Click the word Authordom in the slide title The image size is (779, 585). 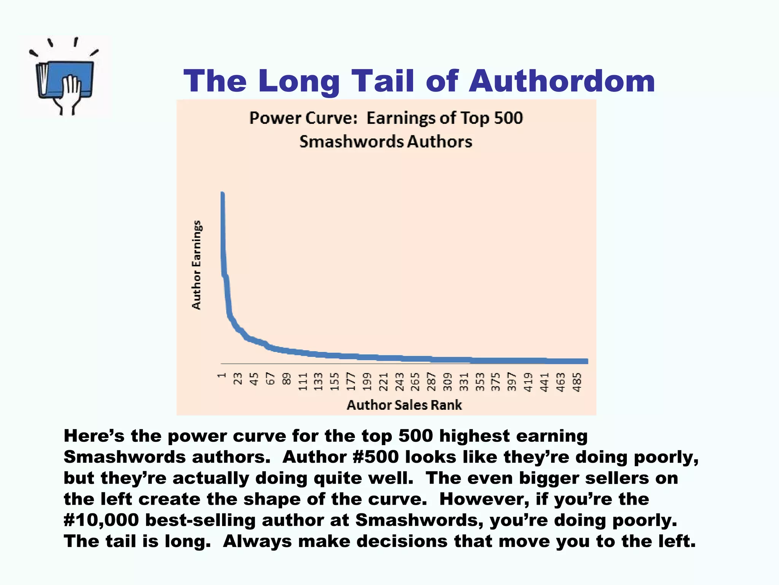562,81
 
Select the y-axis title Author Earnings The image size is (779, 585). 196,265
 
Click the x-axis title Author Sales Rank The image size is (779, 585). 404,405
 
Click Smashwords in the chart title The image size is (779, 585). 351,142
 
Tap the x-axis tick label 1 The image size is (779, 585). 222,376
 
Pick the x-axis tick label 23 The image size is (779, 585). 238,379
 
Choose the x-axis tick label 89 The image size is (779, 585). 286,379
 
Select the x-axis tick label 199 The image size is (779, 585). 367,382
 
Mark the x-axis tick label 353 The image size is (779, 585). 480,382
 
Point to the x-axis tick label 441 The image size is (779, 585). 545,382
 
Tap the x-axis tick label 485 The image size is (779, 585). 577,382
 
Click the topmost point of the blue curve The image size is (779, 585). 222,193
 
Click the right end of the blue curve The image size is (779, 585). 587,361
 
